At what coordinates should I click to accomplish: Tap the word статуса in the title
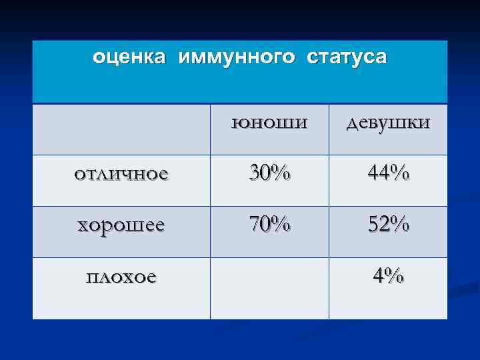tap(346, 58)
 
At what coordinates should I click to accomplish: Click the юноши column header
tap(269, 123)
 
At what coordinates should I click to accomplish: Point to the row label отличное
tap(121, 174)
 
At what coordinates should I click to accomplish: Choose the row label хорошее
tap(121, 225)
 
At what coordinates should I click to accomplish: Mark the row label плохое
tap(121, 275)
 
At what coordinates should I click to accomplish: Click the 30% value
tap(269, 173)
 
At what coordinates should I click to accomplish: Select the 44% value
tap(387, 174)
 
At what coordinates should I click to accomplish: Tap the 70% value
tap(269, 225)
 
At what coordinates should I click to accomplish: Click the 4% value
tap(387, 275)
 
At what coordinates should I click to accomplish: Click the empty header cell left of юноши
tap(121, 129)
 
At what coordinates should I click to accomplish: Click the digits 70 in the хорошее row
tap(260, 225)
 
